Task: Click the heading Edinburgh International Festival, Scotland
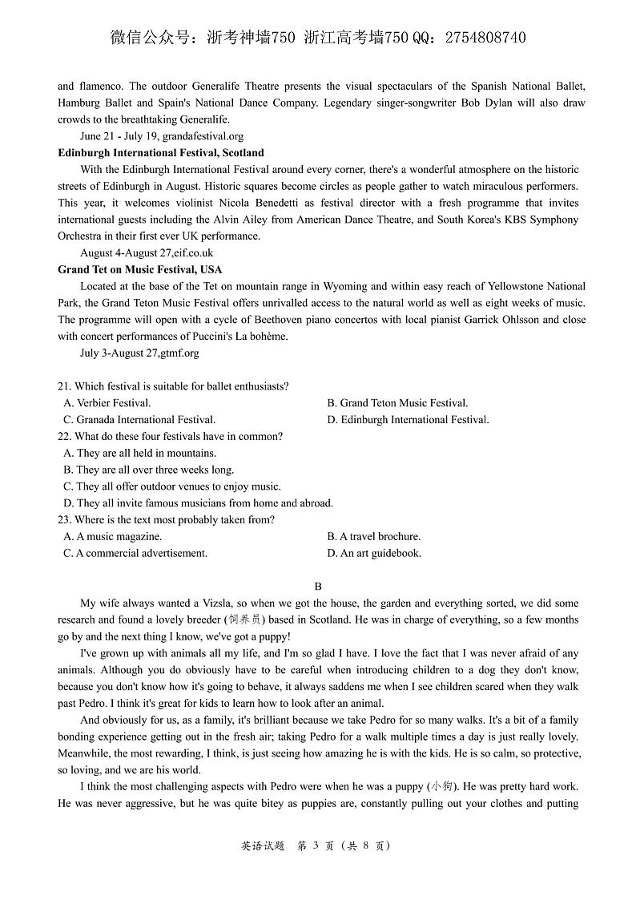(x=160, y=152)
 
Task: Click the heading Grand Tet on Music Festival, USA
(x=139, y=269)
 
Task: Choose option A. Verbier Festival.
(x=107, y=403)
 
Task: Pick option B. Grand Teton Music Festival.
(x=397, y=403)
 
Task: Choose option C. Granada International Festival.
(x=139, y=419)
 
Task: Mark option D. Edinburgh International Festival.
(x=408, y=419)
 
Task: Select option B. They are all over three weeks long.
(x=149, y=470)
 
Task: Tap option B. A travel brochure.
(x=373, y=536)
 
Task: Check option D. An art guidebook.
(x=374, y=553)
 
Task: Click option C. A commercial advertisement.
(x=135, y=553)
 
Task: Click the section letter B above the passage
(x=318, y=586)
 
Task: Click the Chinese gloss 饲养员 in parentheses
(x=244, y=620)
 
